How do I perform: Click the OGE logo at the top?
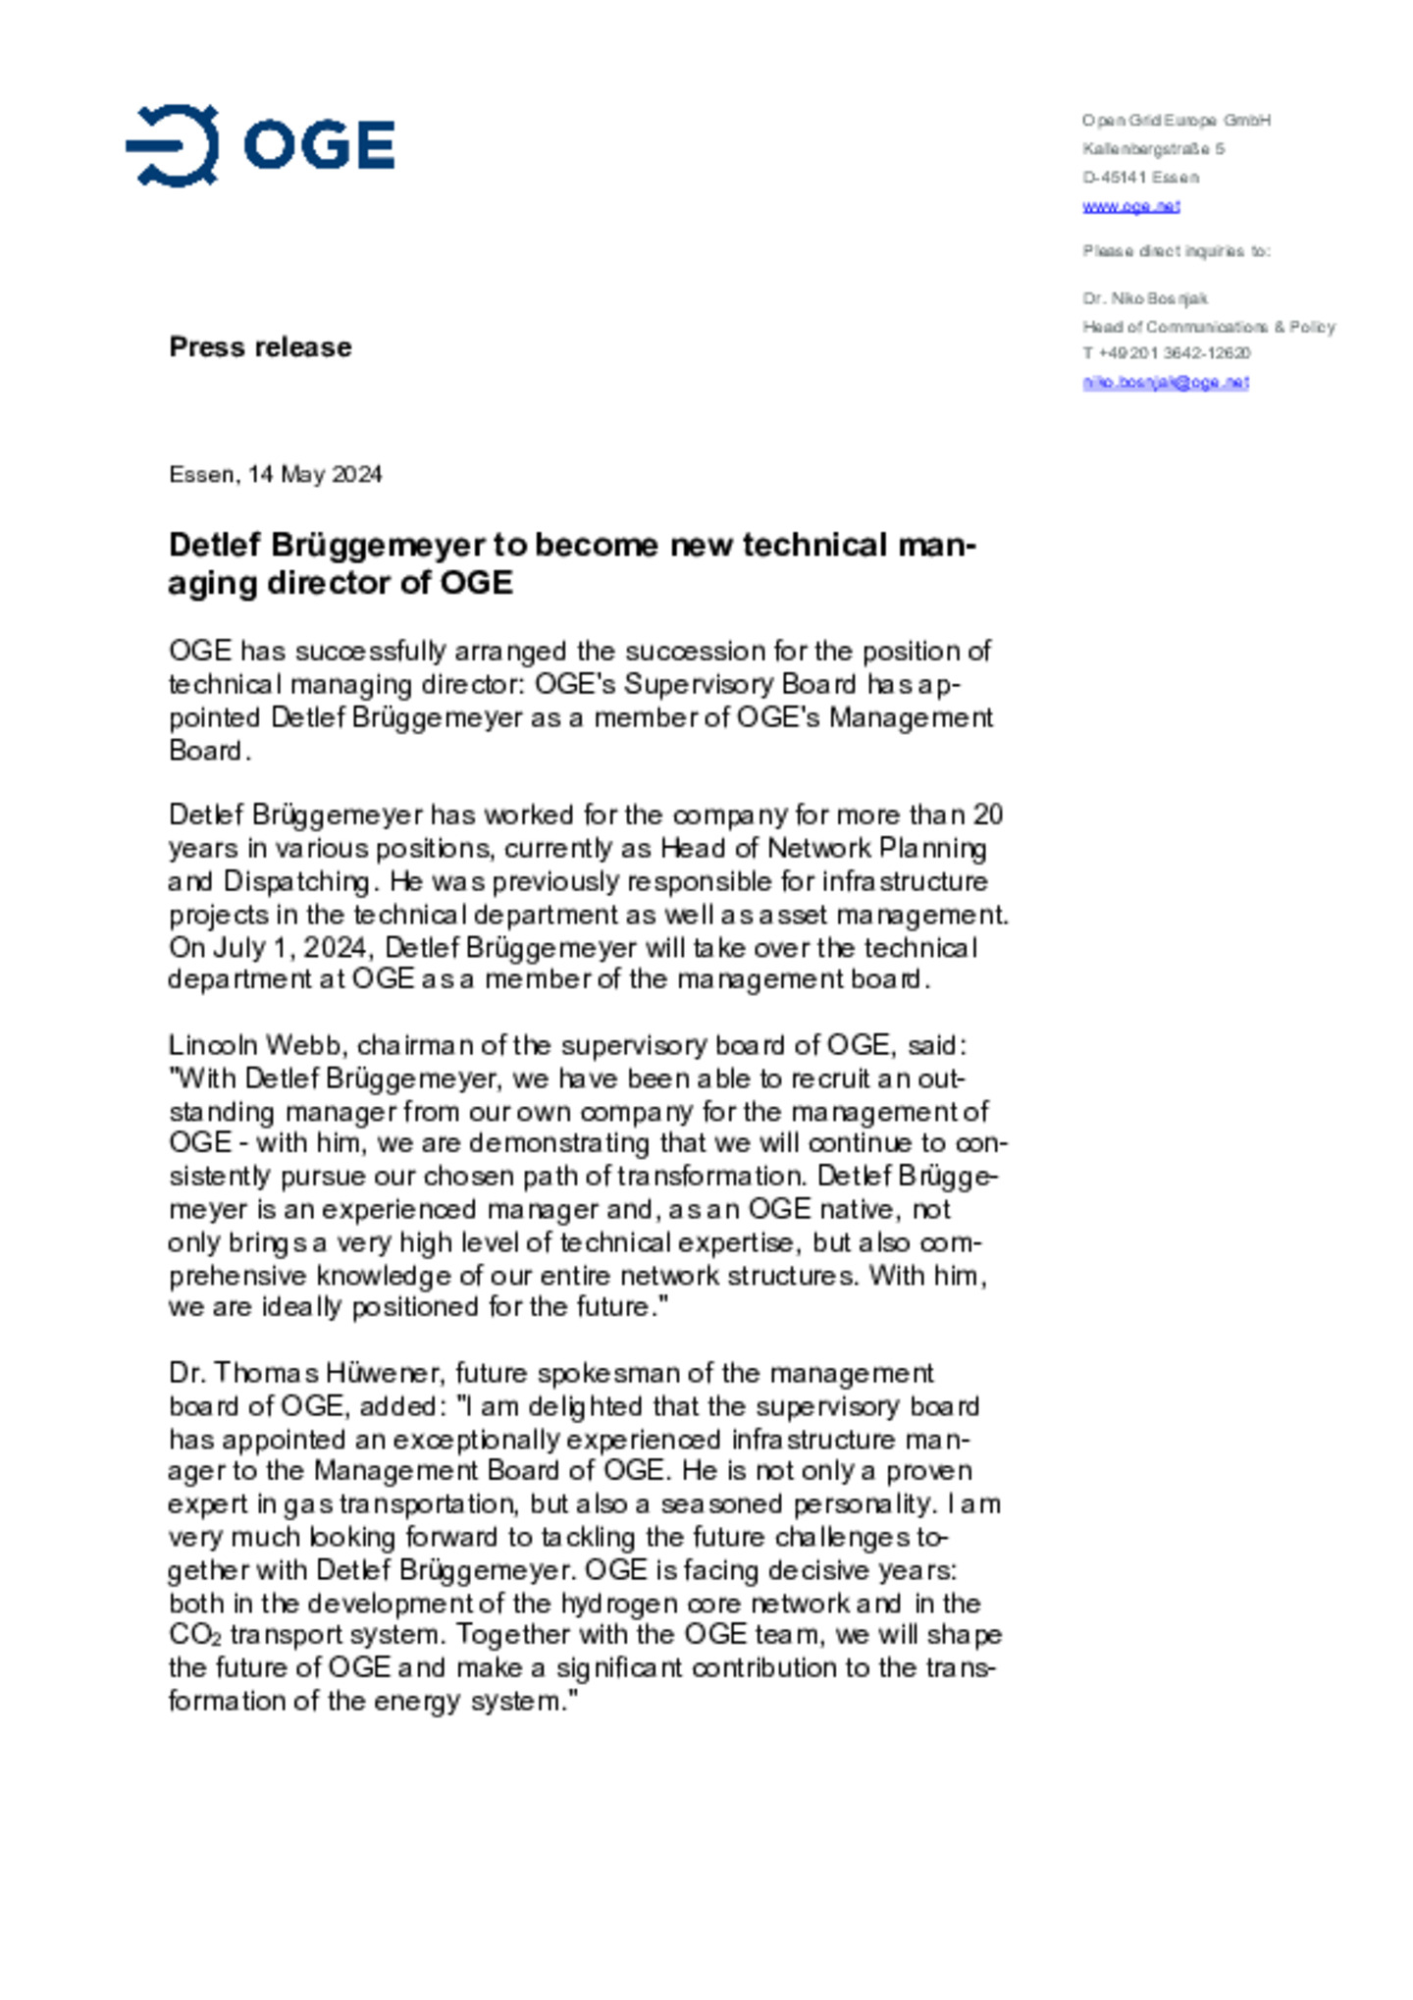[260, 145]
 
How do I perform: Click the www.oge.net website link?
[1130, 206]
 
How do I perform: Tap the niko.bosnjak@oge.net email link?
[1165, 382]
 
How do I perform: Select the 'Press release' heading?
[260, 346]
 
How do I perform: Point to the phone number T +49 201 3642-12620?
[1166, 353]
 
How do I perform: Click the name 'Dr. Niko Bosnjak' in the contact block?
[1144, 298]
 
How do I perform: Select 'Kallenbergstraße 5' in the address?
[1153, 149]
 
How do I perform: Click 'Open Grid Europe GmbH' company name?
[1176, 121]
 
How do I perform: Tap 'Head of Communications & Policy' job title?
[1208, 327]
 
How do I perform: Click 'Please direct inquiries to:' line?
[1176, 251]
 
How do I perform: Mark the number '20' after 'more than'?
[987, 816]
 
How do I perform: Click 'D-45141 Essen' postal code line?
[1140, 178]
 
